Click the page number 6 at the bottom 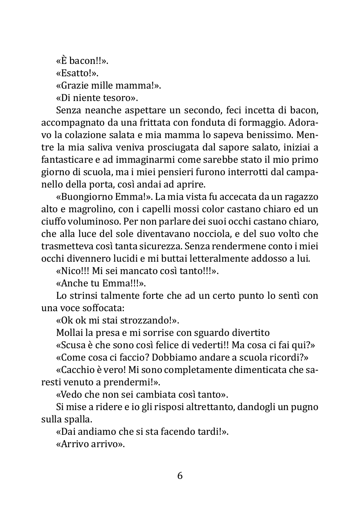coord(180,476)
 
